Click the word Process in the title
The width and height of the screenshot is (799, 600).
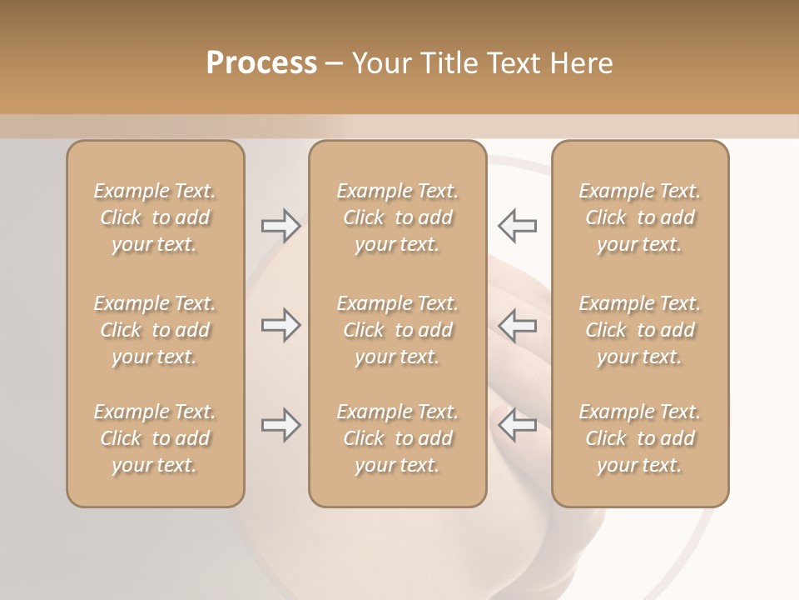pos(261,63)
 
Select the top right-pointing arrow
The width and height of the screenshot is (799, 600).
pos(280,226)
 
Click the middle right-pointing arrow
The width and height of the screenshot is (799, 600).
pos(280,325)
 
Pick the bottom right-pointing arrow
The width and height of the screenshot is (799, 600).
pos(280,425)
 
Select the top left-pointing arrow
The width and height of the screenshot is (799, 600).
pos(517,226)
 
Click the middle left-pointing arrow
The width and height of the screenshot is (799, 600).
pos(517,325)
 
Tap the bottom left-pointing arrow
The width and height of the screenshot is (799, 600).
pos(517,425)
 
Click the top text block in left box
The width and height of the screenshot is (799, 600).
pos(155,217)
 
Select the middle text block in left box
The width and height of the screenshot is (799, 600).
pos(155,330)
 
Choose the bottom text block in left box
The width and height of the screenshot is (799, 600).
pos(155,438)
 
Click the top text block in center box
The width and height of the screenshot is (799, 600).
pos(397,217)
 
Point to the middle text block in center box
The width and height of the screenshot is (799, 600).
pos(397,330)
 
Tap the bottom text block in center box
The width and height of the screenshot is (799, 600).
pos(397,438)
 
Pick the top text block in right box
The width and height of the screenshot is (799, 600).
pos(639,217)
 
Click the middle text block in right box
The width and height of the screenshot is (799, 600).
pos(639,330)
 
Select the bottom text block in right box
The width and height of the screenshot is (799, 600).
pos(639,438)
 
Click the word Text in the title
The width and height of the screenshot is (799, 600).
pos(515,63)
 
